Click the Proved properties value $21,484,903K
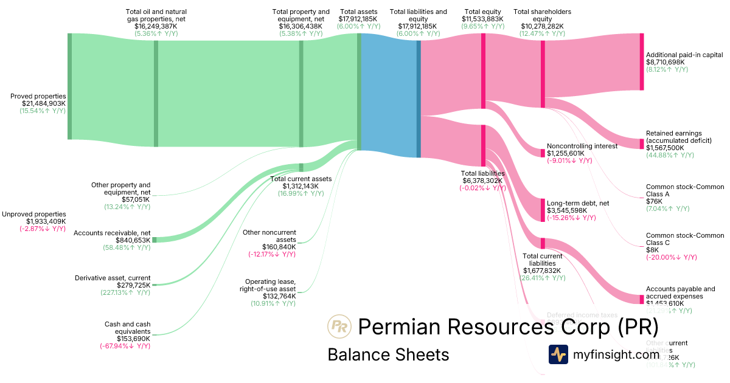tap(44, 103)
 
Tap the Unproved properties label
tap(33, 214)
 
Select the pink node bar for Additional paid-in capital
tap(641, 61)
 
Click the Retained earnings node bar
tap(641, 143)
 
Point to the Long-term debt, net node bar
tap(543, 210)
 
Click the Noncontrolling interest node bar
tap(543, 153)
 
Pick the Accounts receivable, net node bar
tap(154, 240)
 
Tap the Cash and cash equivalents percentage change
tap(125, 346)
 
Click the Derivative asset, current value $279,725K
tap(133, 285)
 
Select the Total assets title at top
tap(358, 12)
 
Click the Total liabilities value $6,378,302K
tap(482, 181)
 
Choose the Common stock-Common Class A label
tap(685, 190)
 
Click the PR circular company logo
tap(338, 326)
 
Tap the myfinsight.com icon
tap(558, 354)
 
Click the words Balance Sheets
tap(388, 354)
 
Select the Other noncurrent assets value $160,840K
tap(279, 247)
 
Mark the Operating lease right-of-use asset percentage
tap(273, 303)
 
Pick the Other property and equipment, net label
tap(120, 188)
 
